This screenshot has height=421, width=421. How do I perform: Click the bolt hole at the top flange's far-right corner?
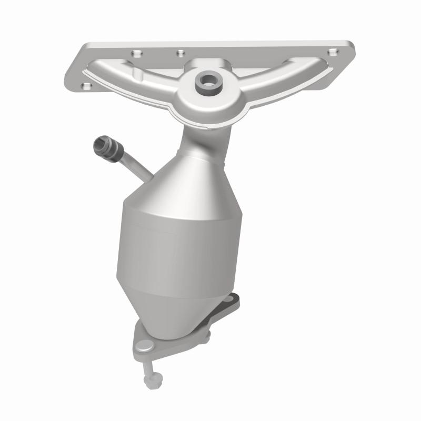pos(332,52)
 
